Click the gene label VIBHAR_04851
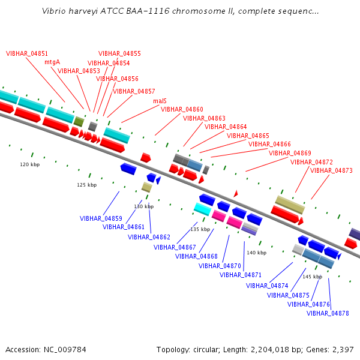(x=27, y=54)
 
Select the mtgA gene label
(x=52, y=62)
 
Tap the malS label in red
(x=160, y=101)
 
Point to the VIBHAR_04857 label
(x=134, y=91)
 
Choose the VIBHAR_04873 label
(x=331, y=170)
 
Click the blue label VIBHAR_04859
(x=101, y=218)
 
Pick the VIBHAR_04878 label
(x=328, y=313)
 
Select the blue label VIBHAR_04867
(x=175, y=247)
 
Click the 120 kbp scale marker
(x=30, y=164)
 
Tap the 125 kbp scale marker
(x=87, y=185)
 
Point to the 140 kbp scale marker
(x=257, y=253)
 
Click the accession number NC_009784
(x=65, y=350)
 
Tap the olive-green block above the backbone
(x=79, y=121)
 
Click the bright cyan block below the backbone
(x=203, y=209)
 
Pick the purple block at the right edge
(x=354, y=234)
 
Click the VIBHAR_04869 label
(x=290, y=153)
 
